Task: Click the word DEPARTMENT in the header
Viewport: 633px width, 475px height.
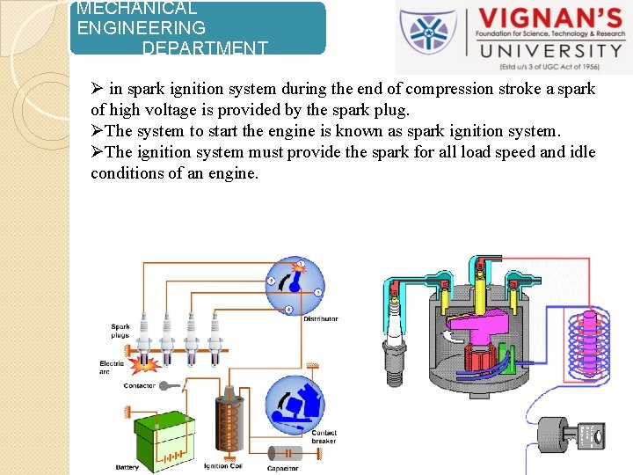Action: coord(205,48)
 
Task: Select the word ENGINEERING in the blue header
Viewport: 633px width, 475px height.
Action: coord(142,28)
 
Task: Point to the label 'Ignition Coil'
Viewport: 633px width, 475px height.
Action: coord(223,465)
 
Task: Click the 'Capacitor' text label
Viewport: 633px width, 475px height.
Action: coord(282,468)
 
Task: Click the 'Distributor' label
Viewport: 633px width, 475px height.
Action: coord(320,318)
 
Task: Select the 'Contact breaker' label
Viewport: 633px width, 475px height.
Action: coord(324,436)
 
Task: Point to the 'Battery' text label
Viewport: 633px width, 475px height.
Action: coord(127,466)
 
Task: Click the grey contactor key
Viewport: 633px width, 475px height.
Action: coord(172,385)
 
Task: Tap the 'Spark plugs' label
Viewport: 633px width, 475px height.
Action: coord(120,331)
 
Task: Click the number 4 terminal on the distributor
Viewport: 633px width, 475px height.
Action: coord(289,310)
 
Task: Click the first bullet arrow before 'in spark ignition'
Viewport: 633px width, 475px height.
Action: coord(97,89)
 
